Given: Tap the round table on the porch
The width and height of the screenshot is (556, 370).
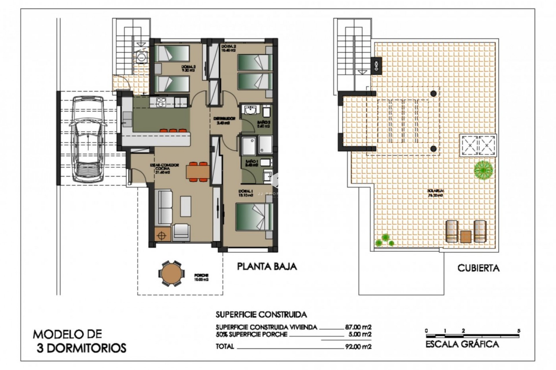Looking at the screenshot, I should (x=171, y=273).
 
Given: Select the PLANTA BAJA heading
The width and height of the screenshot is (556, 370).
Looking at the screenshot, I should (x=267, y=266).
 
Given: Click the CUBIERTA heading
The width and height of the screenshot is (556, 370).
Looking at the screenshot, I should (x=478, y=268).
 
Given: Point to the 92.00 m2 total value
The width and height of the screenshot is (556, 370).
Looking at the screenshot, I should (x=358, y=347).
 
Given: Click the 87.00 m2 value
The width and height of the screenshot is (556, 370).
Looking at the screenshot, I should (x=358, y=327).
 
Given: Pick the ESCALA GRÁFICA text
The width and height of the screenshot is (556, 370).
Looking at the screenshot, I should (x=462, y=344).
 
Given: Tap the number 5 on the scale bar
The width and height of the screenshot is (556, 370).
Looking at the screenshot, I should (x=519, y=331).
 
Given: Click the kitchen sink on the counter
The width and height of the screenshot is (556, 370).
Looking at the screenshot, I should (x=127, y=119).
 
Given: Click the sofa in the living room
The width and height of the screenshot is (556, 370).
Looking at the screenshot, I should (x=163, y=208).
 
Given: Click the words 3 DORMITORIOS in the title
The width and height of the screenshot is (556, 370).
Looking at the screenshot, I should (x=82, y=348).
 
